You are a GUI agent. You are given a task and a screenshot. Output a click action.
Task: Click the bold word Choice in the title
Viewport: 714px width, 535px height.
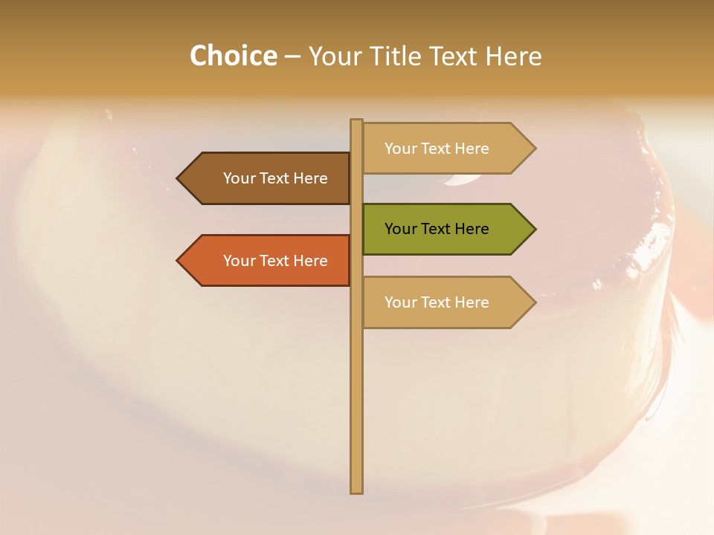coord(233,56)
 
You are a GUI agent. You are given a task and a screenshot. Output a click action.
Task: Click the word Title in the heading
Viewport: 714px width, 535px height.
coord(396,56)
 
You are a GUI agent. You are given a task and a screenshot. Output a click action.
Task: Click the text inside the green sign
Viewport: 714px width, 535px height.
coord(437,229)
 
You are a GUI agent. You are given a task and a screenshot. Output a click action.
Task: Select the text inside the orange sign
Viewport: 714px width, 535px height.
coord(275,261)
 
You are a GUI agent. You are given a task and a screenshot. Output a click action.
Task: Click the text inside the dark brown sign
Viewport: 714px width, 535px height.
coord(275,178)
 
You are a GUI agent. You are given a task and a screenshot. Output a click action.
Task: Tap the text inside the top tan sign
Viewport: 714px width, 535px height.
coord(437,149)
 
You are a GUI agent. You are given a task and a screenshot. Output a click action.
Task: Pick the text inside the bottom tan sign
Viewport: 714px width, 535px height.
coord(437,302)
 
